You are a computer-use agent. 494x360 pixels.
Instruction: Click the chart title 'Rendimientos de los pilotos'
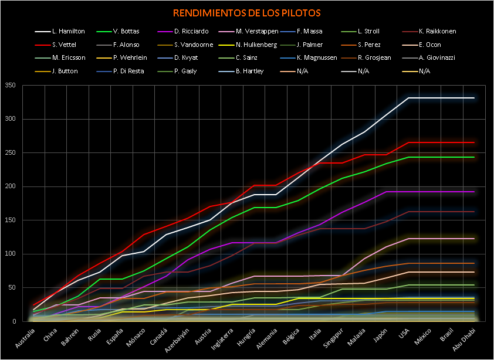(x=246, y=12)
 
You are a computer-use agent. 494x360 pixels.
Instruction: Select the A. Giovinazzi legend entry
(x=438, y=58)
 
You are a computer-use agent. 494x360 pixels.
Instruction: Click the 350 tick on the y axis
(x=10, y=86)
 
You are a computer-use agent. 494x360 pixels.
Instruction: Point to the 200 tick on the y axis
(x=10, y=186)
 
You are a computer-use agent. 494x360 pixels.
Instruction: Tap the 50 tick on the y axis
(x=12, y=288)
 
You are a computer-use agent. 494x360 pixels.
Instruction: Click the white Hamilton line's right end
(x=474, y=98)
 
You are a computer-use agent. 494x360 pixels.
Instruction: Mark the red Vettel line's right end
(x=474, y=142)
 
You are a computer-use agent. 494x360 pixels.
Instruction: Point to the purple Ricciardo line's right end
(x=474, y=192)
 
